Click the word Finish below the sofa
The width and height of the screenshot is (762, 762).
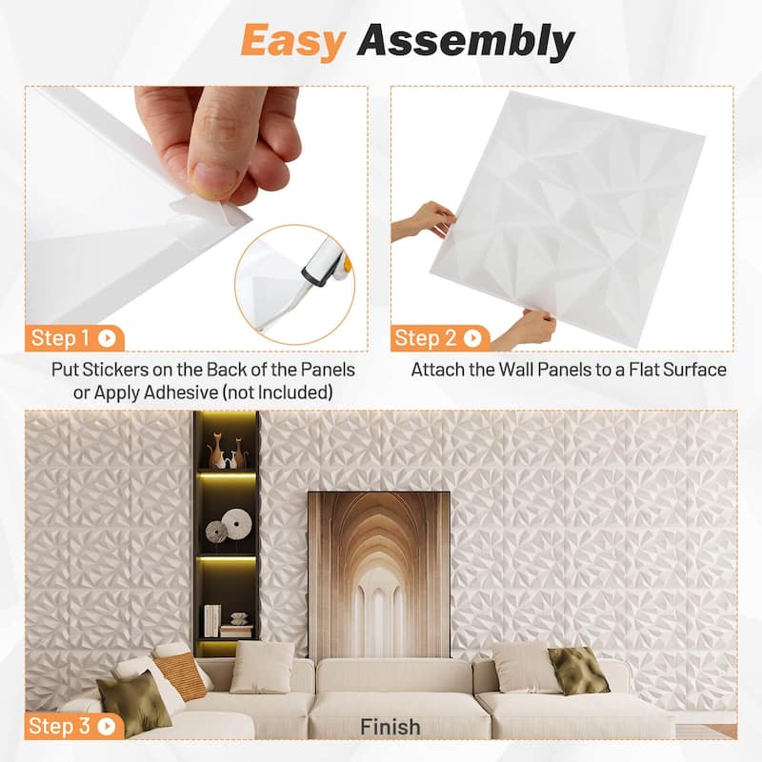pyautogui.click(x=390, y=727)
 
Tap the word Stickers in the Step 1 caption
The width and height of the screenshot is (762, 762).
pyautogui.click(x=119, y=370)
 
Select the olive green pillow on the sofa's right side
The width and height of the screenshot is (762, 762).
pyautogui.click(x=577, y=671)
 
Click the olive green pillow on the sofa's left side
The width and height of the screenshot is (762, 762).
pyautogui.click(x=133, y=701)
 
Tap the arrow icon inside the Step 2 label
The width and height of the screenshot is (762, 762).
pyautogui.click(x=473, y=337)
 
